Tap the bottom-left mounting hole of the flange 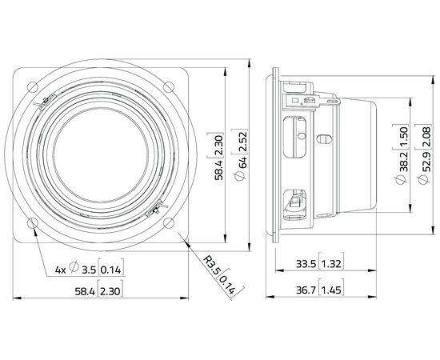coord(33,223)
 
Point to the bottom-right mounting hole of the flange coord(170,223)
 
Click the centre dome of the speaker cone coord(101,155)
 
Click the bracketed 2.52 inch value coord(233,143)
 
